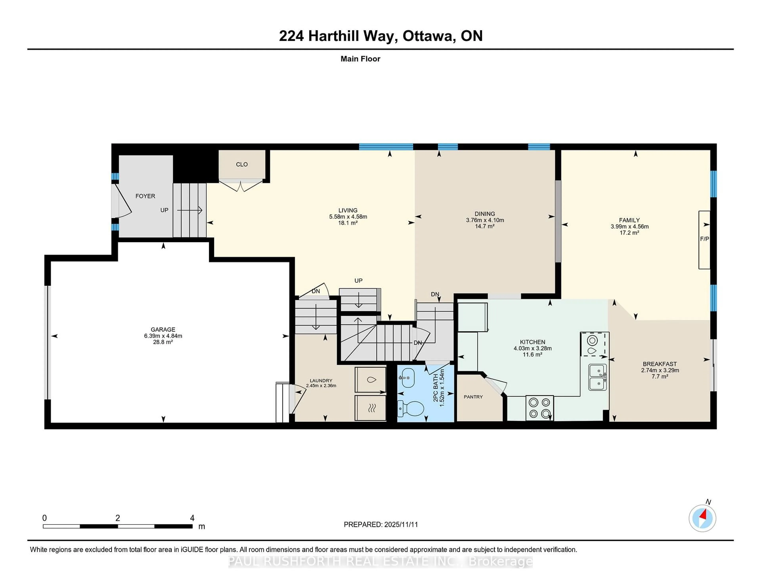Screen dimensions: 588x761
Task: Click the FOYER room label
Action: pyautogui.click(x=145, y=196)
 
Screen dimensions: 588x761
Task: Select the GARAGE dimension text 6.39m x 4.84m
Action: pyautogui.click(x=163, y=336)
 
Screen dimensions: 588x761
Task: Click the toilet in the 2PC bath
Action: pyautogui.click(x=411, y=408)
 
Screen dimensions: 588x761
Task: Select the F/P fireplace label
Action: pyautogui.click(x=704, y=239)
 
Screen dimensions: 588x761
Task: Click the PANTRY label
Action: pyautogui.click(x=473, y=397)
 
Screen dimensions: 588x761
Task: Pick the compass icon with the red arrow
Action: pyautogui.click(x=702, y=518)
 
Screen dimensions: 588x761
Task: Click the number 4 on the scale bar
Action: pyautogui.click(x=192, y=518)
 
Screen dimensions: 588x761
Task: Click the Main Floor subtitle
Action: pyautogui.click(x=360, y=59)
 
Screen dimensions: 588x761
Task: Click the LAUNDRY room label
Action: pyautogui.click(x=321, y=381)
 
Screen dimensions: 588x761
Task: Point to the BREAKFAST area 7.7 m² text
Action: pyautogui.click(x=660, y=377)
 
